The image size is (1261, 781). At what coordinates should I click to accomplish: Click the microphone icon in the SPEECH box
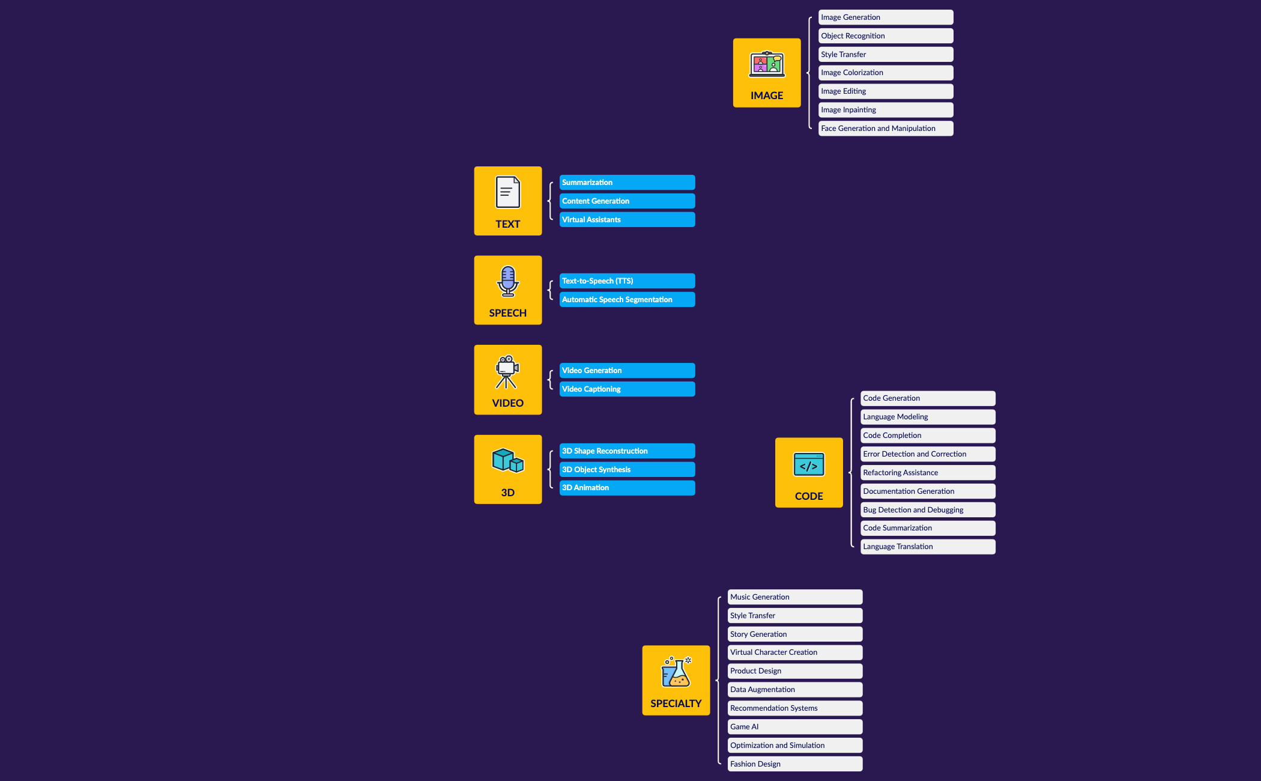[x=508, y=281]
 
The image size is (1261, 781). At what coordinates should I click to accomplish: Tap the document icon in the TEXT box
[x=508, y=192]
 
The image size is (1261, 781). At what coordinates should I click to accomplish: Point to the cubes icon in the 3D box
[x=508, y=461]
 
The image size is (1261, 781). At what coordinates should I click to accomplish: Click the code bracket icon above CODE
[x=809, y=464]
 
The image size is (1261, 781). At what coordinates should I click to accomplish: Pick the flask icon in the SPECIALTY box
[x=676, y=672]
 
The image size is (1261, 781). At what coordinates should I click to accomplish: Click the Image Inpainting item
[x=886, y=110]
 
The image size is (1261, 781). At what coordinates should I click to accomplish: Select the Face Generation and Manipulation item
[x=886, y=129]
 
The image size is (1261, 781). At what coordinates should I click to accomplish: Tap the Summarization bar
[x=627, y=183]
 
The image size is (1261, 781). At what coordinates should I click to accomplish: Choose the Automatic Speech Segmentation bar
[x=627, y=300]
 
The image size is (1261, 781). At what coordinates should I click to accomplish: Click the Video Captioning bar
[x=627, y=389]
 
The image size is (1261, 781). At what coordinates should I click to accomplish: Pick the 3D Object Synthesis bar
[x=627, y=470]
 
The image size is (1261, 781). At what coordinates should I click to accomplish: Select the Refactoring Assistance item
[x=928, y=473]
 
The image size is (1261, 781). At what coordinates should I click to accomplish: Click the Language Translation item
[x=928, y=547]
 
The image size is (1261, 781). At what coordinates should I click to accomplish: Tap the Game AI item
[x=795, y=727]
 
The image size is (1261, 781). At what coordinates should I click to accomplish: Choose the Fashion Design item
[x=795, y=764]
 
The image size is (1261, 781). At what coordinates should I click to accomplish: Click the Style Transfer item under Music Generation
[x=795, y=616]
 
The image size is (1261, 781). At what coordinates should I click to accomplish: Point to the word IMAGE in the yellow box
[x=767, y=96]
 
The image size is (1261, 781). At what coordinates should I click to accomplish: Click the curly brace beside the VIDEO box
[x=550, y=380]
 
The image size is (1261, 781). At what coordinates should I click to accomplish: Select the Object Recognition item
[x=886, y=36]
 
